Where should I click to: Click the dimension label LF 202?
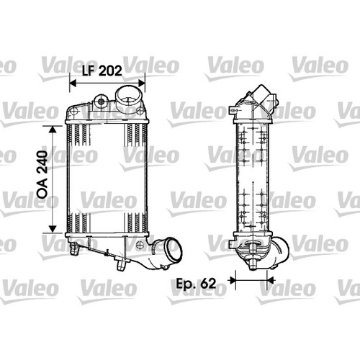[102, 71]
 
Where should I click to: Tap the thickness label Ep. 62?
[196, 284]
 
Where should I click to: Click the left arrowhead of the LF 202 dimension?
[73, 84]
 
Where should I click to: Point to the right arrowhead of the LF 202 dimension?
[142, 84]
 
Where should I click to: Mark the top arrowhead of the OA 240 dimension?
[53, 130]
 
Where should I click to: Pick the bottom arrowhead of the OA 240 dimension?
[53, 229]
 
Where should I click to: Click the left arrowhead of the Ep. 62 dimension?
[233, 280]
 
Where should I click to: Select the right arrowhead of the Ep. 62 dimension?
[271, 280]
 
